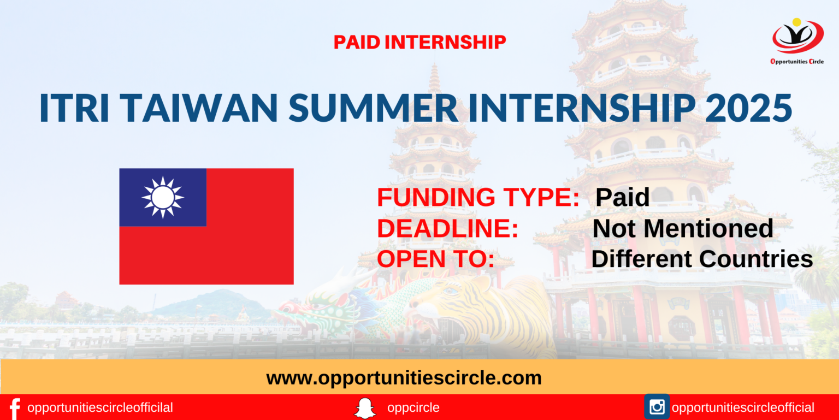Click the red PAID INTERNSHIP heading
(x=419, y=42)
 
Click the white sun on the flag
(x=163, y=197)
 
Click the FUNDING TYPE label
(x=478, y=198)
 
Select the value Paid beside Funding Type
(x=622, y=198)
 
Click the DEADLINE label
(x=447, y=228)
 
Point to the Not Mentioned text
(x=683, y=228)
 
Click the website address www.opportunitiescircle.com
(x=404, y=377)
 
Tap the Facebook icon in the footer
(x=15, y=408)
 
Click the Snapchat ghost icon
(x=365, y=408)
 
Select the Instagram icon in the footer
(x=657, y=407)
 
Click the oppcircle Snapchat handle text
(x=413, y=408)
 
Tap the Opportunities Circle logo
(x=797, y=41)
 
